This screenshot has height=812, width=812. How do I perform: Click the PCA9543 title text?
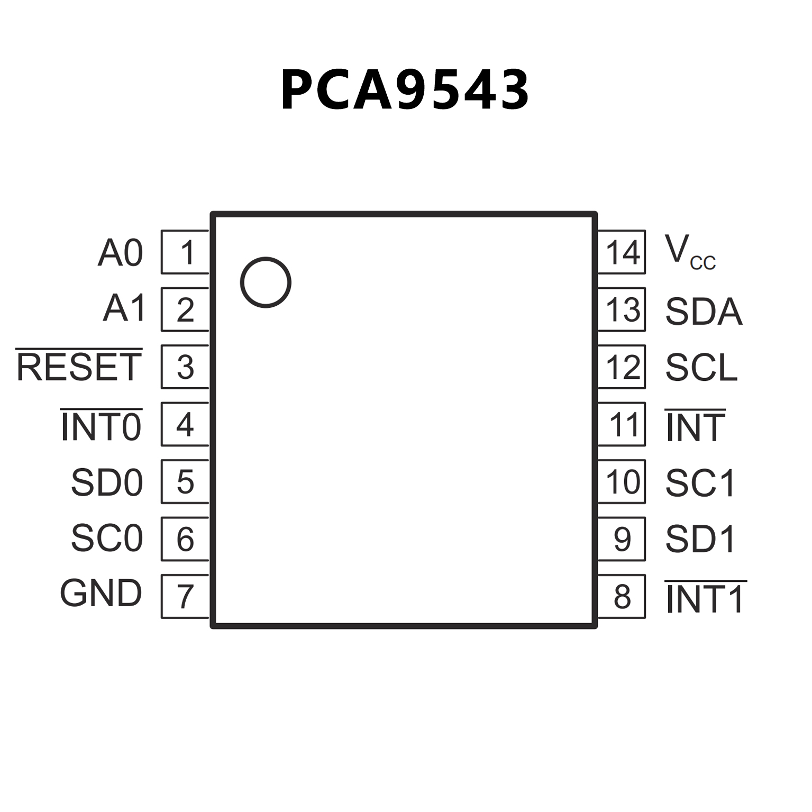click(405, 90)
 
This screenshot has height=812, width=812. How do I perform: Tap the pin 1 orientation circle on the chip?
click(266, 282)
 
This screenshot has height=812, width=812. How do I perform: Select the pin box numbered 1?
click(185, 252)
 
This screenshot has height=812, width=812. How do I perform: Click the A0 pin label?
click(121, 253)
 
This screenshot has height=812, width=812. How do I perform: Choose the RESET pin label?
click(79, 367)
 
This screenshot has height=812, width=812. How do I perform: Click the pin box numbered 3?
click(185, 367)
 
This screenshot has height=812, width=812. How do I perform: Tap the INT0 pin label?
click(101, 426)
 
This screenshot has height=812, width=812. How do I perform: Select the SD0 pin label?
click(107, 482)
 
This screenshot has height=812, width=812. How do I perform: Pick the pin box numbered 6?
click(185, 539)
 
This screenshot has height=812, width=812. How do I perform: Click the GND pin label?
click(101, 593)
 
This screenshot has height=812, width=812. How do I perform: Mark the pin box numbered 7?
click(185, 596)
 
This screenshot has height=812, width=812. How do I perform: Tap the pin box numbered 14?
click(622, 252)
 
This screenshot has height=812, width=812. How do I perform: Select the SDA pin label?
click(704, 311)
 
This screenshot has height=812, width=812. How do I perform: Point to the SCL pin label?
click(701, 367)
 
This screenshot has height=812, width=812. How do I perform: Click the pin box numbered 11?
click(622, 424)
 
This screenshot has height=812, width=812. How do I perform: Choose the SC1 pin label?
click(700, 482)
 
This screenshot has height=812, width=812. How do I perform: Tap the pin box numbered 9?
click(622, 539)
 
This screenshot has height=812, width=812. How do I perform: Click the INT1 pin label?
click(705, 598)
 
